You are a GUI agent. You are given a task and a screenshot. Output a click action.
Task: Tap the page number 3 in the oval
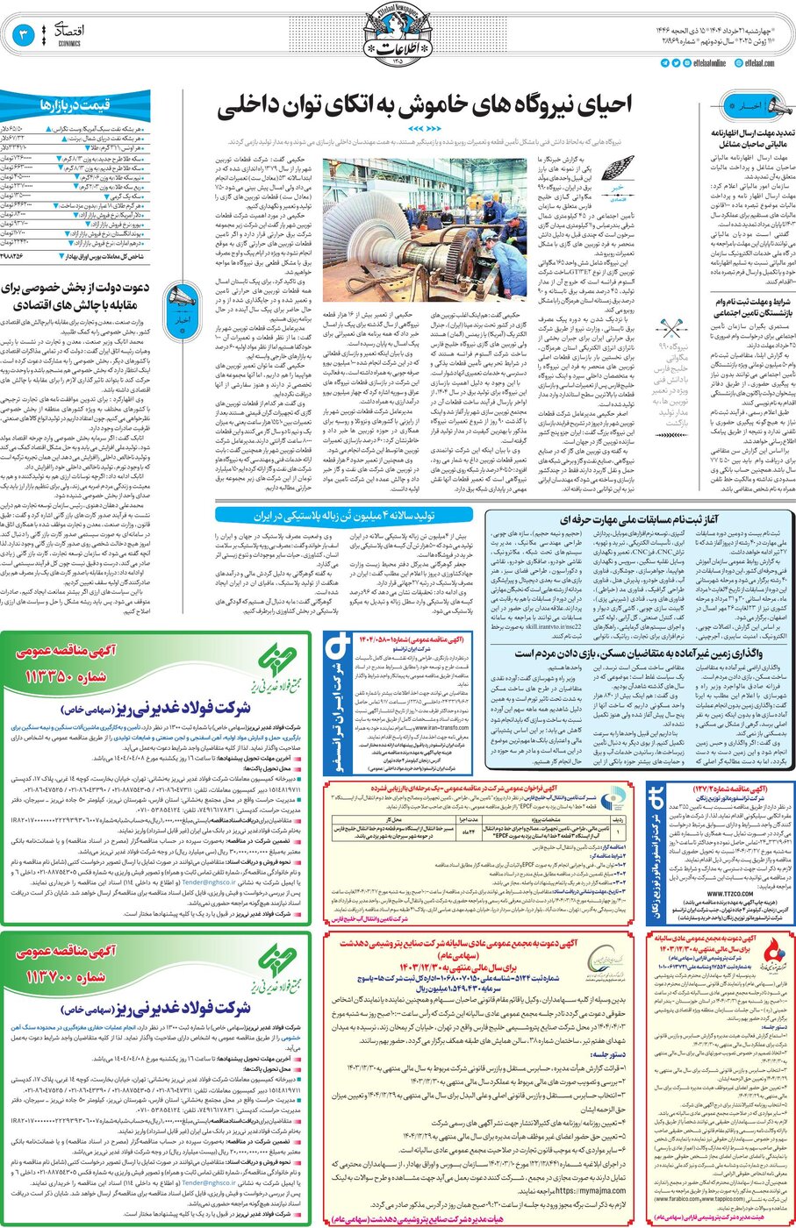coord(23,36)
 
